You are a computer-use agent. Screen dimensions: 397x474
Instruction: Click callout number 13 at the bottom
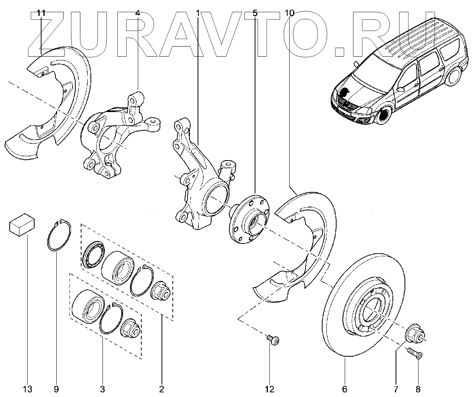pyautogui.click(x=28, y=388)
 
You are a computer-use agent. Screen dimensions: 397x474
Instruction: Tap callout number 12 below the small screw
pyautogui.click(x=269, y=388)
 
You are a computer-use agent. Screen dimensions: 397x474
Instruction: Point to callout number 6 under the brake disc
pyautogui.click(x=345, y=388)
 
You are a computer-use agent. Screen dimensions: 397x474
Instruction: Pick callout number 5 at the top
pyautogui.click(x=255, y=13)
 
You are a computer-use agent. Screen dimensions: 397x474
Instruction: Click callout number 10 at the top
pyautogui.click(x=289, y=13)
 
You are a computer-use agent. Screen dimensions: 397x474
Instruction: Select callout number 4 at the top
pyautogui.click(x=138, y=13)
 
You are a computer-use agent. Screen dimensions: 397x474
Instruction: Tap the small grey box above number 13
pyautogui.click(x=22, y=224)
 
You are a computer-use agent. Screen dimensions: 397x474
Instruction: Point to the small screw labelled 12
pyautogui.click(x=274, y=340)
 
